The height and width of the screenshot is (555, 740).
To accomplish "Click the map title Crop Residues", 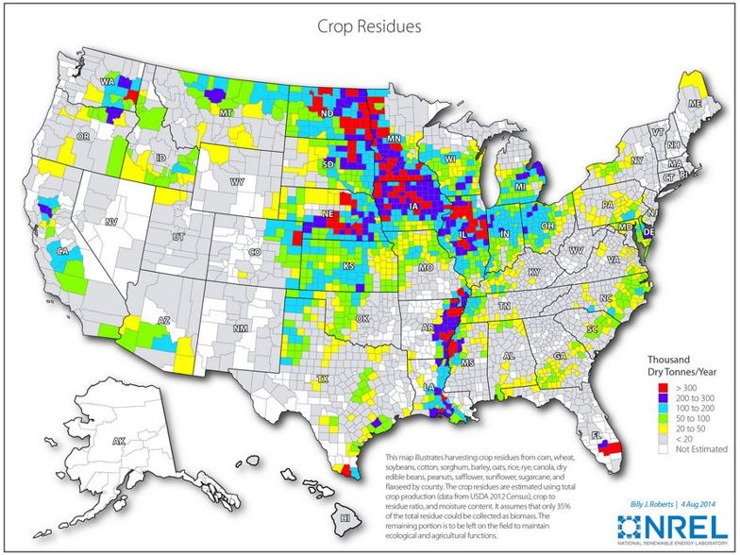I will point(369,26).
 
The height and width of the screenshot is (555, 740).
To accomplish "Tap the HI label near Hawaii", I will point(345,518).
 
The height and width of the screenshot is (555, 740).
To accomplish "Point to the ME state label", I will point(695,101).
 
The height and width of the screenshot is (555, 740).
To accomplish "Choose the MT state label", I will point(225,113).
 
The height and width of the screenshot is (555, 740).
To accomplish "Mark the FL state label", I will point(597,435).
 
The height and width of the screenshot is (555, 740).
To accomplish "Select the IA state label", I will point(416,203).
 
